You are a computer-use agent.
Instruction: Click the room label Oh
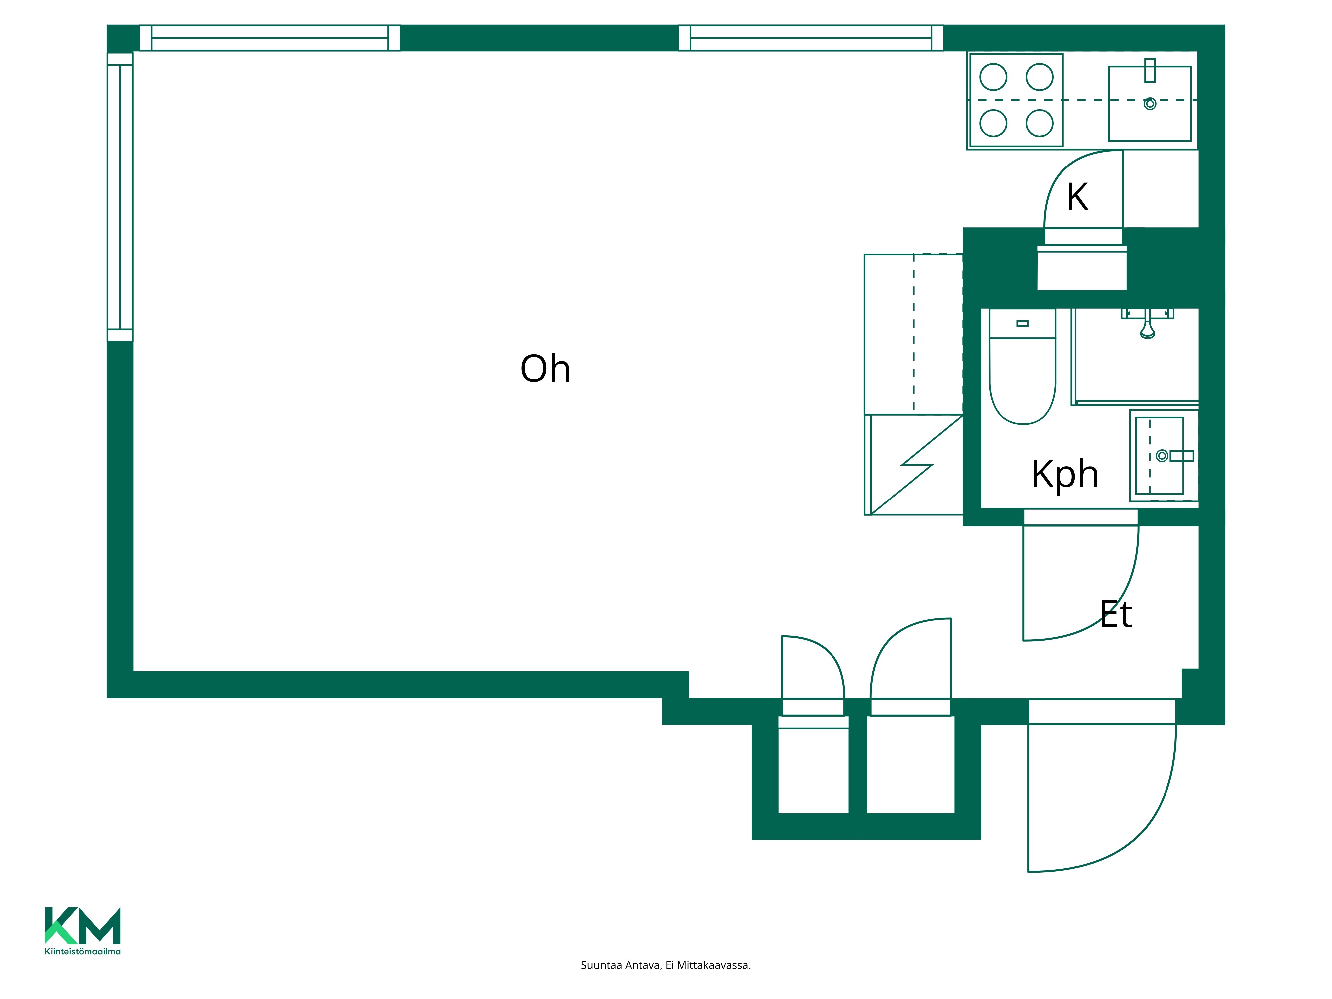(545, 369)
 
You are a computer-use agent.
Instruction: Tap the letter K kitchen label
(1077, 197)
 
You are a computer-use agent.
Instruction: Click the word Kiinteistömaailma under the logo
(83, 951)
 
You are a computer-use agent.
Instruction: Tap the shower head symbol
(1147, 328)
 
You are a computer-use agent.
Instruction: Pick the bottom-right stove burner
(1039, 124)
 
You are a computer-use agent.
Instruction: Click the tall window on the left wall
(120, 197)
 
